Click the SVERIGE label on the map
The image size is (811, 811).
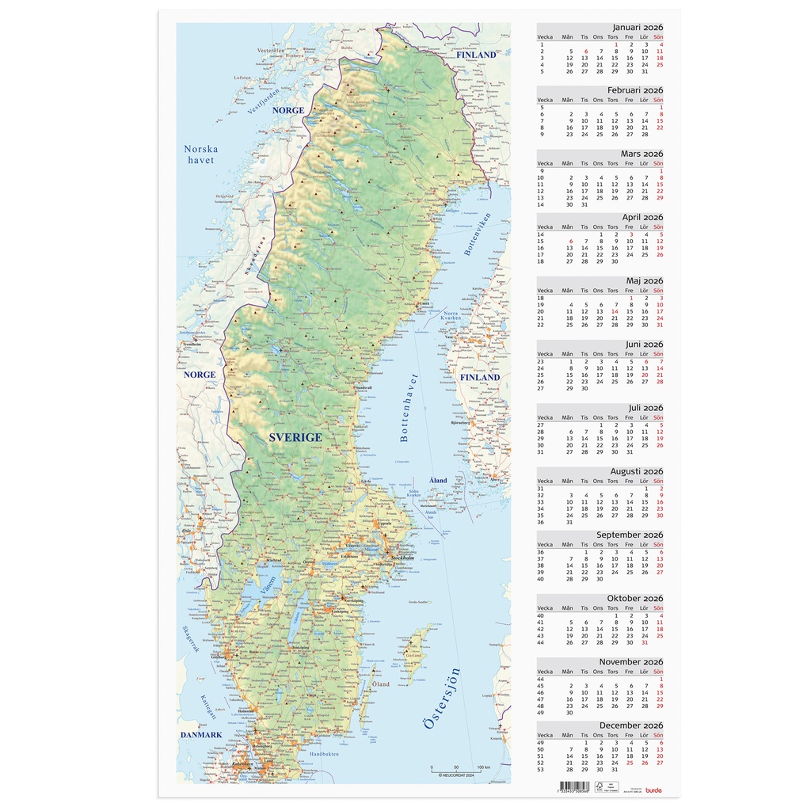click(x=295, y=437)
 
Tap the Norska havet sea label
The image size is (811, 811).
click(x=200, y=154)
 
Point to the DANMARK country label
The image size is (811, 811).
click(x=201, y=735)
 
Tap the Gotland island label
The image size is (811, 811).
click(x=414, y=657)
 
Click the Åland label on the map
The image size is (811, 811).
click(x=438, y=481)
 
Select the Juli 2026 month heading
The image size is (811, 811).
click(x=645, y=408)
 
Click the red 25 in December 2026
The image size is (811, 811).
click(x=630, y=763)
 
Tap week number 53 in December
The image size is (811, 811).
click(x=541, y=770)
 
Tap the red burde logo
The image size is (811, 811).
click(x=653, y=790)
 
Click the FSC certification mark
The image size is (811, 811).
click(x=611, y=787)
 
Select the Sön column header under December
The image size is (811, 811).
click(x=659, y=735)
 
